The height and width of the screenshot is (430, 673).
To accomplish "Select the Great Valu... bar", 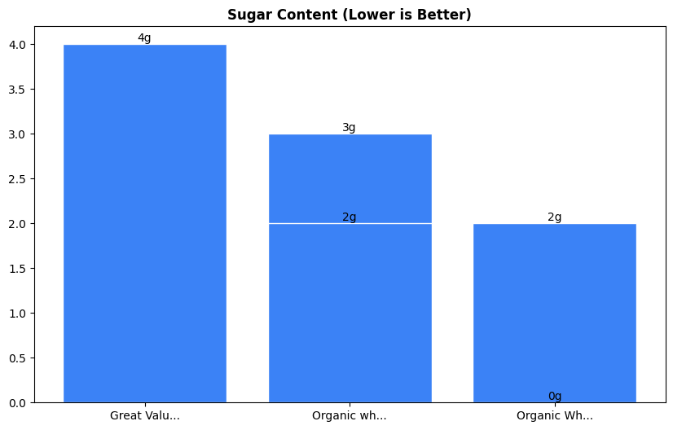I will [145, 223].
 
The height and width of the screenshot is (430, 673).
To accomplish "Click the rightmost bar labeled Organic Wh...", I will [554, 313].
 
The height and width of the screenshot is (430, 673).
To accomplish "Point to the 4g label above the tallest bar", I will [144, 38].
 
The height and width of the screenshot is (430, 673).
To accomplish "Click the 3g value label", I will [349, 128].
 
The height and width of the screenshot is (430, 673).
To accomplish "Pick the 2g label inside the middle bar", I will [349, 217].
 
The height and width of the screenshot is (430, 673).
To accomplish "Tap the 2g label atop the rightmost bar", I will [554, 217].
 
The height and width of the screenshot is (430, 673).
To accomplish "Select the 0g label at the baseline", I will [554, 397].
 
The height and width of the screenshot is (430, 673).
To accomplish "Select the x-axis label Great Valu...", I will [145, 416].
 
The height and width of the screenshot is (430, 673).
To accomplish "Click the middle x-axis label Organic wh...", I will [350, 416].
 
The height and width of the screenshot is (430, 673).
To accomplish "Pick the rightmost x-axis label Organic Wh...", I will [554, 416].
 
